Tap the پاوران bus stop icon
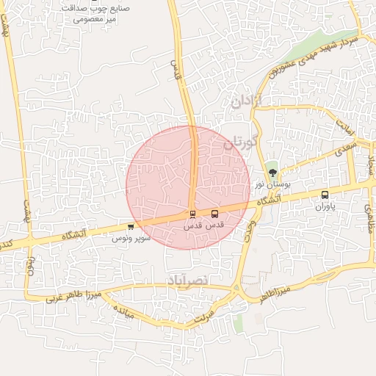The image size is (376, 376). point(325,195)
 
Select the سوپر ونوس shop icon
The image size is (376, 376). point(131,227)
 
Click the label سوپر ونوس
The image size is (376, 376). point(131,238)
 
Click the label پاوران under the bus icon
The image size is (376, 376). point(325,207)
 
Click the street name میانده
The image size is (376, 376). point(122,311)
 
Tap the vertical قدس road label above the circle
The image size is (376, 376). point(176,70)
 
